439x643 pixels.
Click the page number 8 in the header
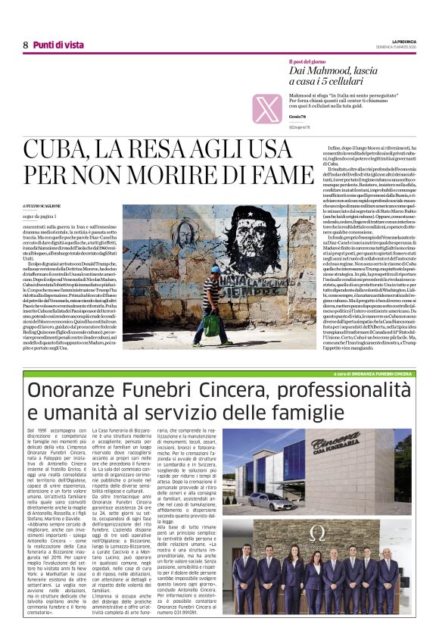click(x=25, y=45)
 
